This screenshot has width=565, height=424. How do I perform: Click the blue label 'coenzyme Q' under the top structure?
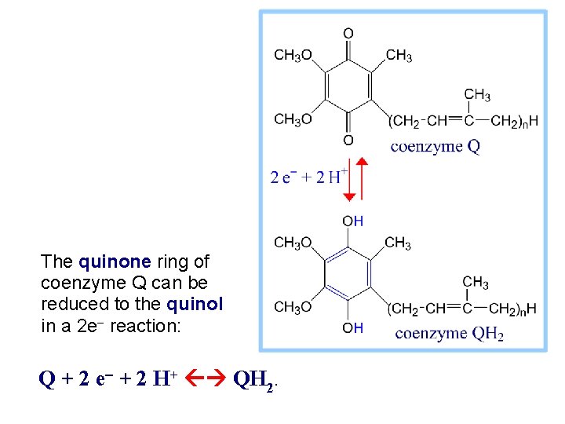[435, 146]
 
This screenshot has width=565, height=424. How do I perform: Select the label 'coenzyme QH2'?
[449, 334]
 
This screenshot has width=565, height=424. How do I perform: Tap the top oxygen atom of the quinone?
[348, 33]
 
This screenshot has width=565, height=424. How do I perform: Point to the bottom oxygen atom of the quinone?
[348, 141]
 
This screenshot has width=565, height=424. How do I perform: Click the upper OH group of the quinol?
[352, 221]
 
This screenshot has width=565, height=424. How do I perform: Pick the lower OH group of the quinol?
[352, 328]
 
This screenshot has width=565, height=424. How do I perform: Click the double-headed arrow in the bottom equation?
[207, 380]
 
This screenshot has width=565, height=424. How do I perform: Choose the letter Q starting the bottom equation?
[46, 380]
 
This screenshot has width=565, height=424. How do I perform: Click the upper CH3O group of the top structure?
[293, 56]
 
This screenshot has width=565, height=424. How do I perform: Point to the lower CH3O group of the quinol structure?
[293, 307]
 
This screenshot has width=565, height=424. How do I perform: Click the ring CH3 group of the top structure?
[399, 56]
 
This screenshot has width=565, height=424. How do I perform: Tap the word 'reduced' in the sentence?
[70, 304]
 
